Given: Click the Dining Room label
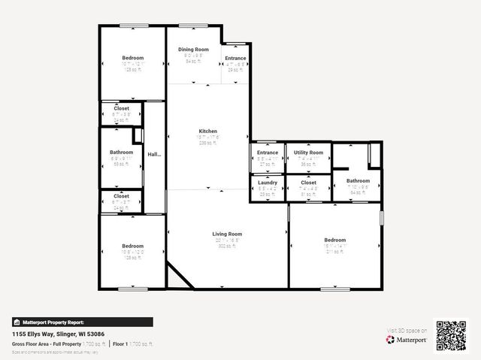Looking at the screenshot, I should pos(193,50).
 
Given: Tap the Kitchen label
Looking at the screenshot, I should pos(207,130).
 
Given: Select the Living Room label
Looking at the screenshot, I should pos(226,234).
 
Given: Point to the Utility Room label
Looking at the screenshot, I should pos(308,153).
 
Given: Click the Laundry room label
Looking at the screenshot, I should pos(268,183).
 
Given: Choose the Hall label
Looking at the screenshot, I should pos(154,154).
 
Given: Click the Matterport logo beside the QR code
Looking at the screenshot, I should pos(407,340).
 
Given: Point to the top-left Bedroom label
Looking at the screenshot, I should pos(133,58).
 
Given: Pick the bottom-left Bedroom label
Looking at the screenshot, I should pos(133,246).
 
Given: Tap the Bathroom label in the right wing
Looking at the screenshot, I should pos(358,180).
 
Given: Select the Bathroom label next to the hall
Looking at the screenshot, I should pos(121,153).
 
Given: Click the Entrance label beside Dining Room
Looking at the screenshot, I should pos(235,58).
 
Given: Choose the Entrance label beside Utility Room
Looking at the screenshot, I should pos(268,153).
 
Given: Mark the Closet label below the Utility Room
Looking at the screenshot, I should pos(308,183).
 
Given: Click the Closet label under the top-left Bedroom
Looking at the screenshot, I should pos(121,108).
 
